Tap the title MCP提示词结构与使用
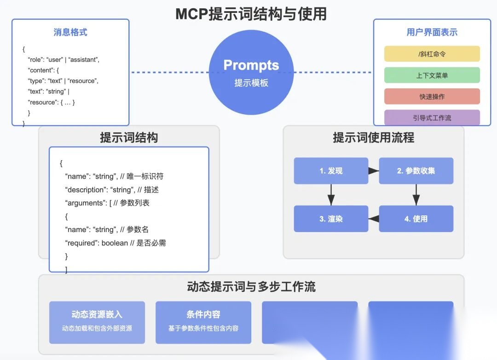click(x=251, y=14)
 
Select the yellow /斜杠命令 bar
click(x=432, y=54)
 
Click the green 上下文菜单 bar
click(x=432, y=75)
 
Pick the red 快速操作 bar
click(x=432, y=96)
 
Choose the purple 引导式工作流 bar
click(x=432, y=117)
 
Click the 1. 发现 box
click(x=331, y=171)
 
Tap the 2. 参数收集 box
click(x=416, y=171)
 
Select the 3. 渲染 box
click(x=331, y=219)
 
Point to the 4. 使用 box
click(x=416, y=219)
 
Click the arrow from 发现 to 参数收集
click(x=373, y=171)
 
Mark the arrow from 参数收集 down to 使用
click(x=416, y=195)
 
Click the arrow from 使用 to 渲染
click(x=374, y=219)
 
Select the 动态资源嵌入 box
click(x=97, y=322)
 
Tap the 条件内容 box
click(x=203, y=322)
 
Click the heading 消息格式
click(x=70, y=32)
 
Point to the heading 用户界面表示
click(x=432, y=32)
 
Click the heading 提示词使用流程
click(x=373, y=137)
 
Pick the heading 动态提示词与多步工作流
click(x=251, y=287)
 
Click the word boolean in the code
click(x=115, y=243)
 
